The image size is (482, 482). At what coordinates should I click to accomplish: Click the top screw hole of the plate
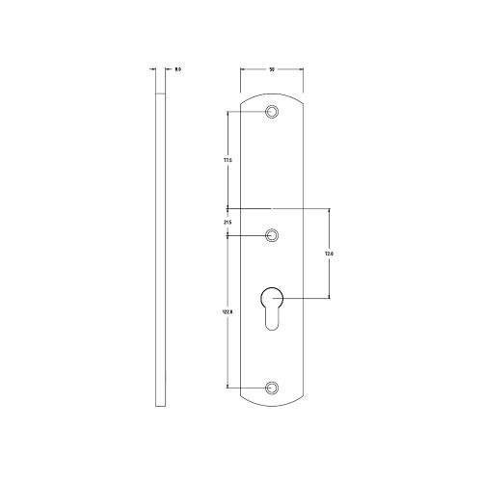click(x=272, y=113)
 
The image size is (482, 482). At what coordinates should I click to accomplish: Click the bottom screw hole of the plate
click(x=272, y=388)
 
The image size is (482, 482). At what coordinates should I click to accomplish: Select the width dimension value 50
click(x=272, y=69)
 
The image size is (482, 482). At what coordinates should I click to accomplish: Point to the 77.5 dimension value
click(x=227, y=160)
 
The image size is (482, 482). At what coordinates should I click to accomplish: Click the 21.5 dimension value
click(x=227, y=223)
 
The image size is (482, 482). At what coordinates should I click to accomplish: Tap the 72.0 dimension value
click(x=329, y=254)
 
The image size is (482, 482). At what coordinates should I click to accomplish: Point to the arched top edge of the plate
click(x=272, y=93)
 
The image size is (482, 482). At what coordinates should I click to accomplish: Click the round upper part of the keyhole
click(x=272, y=296)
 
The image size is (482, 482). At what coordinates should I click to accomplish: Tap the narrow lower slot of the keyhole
click(x=272, y=318)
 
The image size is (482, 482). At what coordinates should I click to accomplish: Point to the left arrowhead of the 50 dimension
click(x=242, y=69)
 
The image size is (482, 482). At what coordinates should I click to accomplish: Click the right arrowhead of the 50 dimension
click(x=302, y=69)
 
